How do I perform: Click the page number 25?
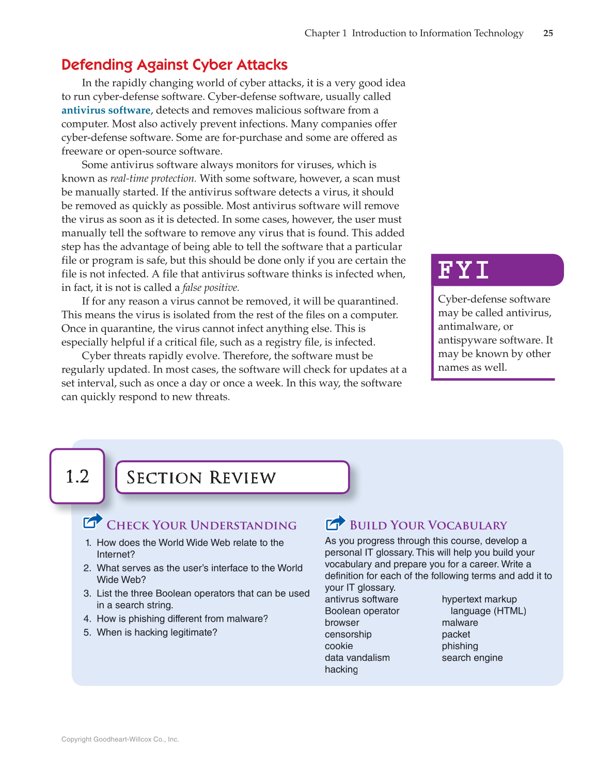tap(548, 33)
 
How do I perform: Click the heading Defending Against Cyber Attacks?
tap(174, 64)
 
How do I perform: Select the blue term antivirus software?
tap(106, 110)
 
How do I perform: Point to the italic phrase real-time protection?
tap(153, 178)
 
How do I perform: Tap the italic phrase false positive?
tap(211, 288)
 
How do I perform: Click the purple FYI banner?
tap(497, 270)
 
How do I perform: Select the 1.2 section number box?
tap(77, 476)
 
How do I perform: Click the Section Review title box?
tap(232, 477)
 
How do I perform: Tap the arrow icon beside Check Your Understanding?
tap(93, 522)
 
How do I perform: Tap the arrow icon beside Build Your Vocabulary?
tap(335, 523)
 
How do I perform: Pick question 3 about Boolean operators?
tap(202, 599)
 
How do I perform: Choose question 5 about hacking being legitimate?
tap(156, 632)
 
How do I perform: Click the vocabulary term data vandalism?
tap(357, 658)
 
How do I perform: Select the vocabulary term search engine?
tap(472, 658)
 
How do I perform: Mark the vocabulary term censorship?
tap(348, 635)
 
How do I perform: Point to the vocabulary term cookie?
tap(339, 646)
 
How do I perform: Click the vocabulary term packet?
tap(455, 635)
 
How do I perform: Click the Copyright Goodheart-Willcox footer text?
tap(120, 739)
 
